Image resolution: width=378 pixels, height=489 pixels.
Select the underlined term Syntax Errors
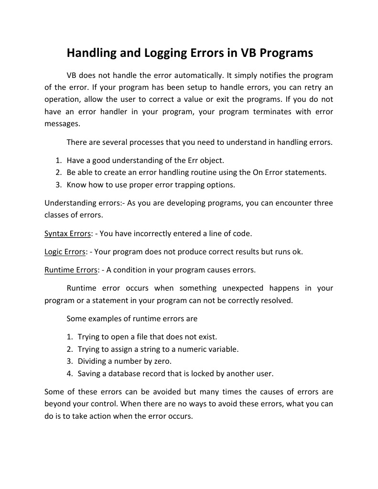coord(67,234)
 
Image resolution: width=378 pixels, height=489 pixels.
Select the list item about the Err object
coord(145,161)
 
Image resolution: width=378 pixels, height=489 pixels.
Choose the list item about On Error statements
coord(196,173)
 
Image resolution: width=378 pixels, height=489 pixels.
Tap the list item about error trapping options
coord(151,185)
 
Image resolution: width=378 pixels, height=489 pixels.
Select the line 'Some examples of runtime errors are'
coord(132,318)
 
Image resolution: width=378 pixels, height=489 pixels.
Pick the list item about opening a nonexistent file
coord(147,337)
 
